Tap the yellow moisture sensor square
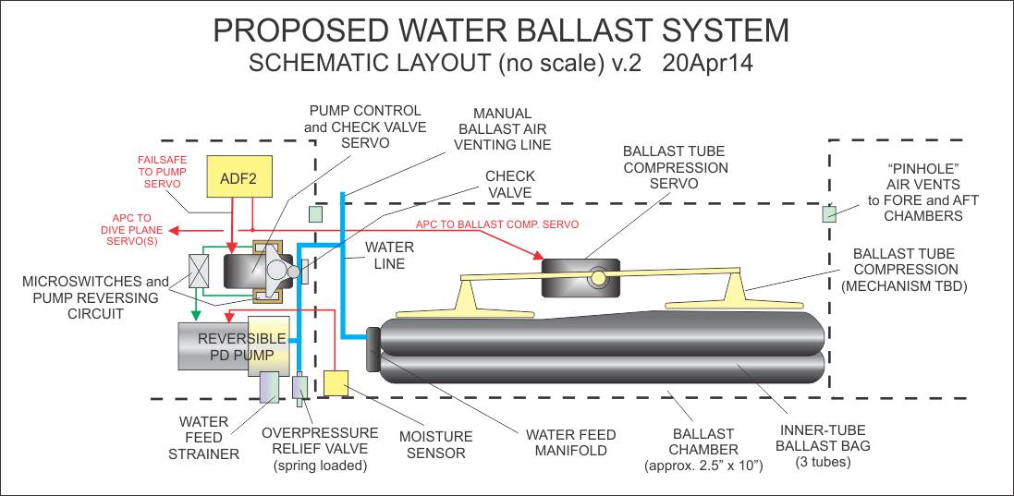tap(336, 382)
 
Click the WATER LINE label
tap(389, 256)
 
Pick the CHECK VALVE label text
tap(509, 184)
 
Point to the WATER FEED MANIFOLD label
tap(570, 442)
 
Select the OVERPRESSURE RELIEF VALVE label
tap(319, 441)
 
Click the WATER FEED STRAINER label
tap(203, 438)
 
